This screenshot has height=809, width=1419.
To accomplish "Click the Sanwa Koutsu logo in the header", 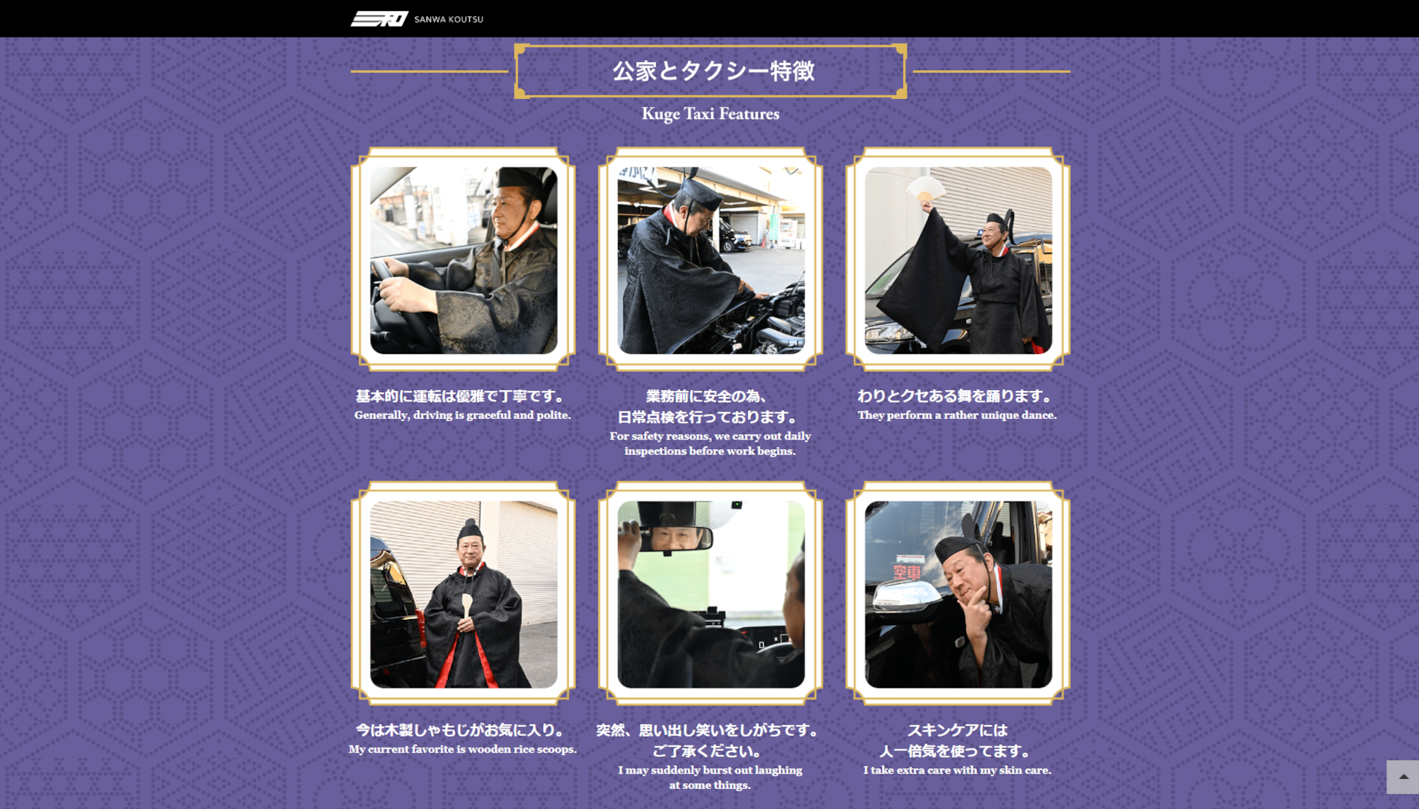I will (416, 18).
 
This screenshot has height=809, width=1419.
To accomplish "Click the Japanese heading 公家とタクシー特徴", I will (712, 71).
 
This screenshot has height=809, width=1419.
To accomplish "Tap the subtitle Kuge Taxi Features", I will (709, 114).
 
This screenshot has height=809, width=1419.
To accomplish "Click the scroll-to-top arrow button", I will (1402, 776).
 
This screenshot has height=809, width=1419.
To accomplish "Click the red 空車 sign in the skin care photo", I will (908, 571).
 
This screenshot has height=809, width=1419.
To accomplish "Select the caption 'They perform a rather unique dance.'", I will (957, 415).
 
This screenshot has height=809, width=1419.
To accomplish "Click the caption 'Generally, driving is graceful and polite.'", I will (463, 415).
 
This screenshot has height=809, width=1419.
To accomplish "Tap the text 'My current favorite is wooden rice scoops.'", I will (463, 749).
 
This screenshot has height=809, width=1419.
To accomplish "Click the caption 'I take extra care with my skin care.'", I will (957, 770).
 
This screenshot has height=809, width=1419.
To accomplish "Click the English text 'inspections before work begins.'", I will (709, 451).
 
